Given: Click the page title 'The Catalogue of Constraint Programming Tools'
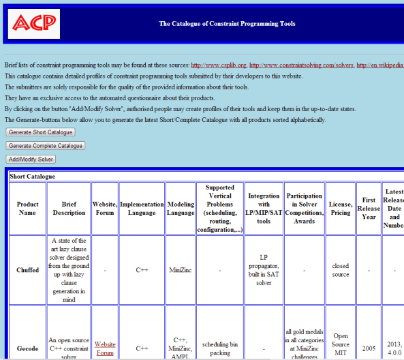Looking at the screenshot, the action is (x=227, y=24).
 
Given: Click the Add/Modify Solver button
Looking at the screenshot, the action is (x=30, y=159).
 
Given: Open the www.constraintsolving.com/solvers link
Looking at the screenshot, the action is (x=301, y=65).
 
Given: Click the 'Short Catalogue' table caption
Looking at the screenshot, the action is (x=32, y=176).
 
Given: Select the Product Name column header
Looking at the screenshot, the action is (x=27, y=208).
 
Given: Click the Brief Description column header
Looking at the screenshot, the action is (x=69, y=208).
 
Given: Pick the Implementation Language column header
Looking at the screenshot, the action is (x=142, y=208).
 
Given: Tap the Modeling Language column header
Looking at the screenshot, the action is (x=181, y=208).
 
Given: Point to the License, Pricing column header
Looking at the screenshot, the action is (x=340, y=208).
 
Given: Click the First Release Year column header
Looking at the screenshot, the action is (x=369, y=208).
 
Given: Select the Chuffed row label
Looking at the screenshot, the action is (x=27, y=270).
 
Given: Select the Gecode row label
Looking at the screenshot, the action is (x=27, y=348).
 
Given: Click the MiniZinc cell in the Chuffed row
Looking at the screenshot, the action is (x=181, y=270).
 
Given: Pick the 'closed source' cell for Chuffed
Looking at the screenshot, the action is (x=340, y=270).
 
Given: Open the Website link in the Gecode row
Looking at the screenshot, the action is (x=104, y=344).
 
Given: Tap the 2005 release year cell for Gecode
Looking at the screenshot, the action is (x=369, y=348).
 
